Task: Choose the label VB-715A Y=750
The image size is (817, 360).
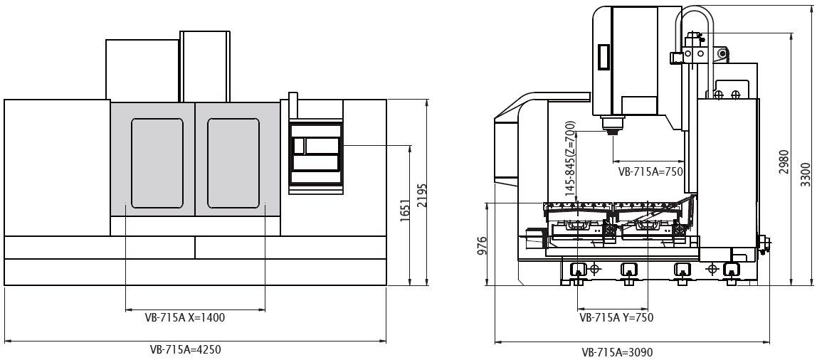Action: click(616, 317)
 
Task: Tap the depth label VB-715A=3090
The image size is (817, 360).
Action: click(617, 352)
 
